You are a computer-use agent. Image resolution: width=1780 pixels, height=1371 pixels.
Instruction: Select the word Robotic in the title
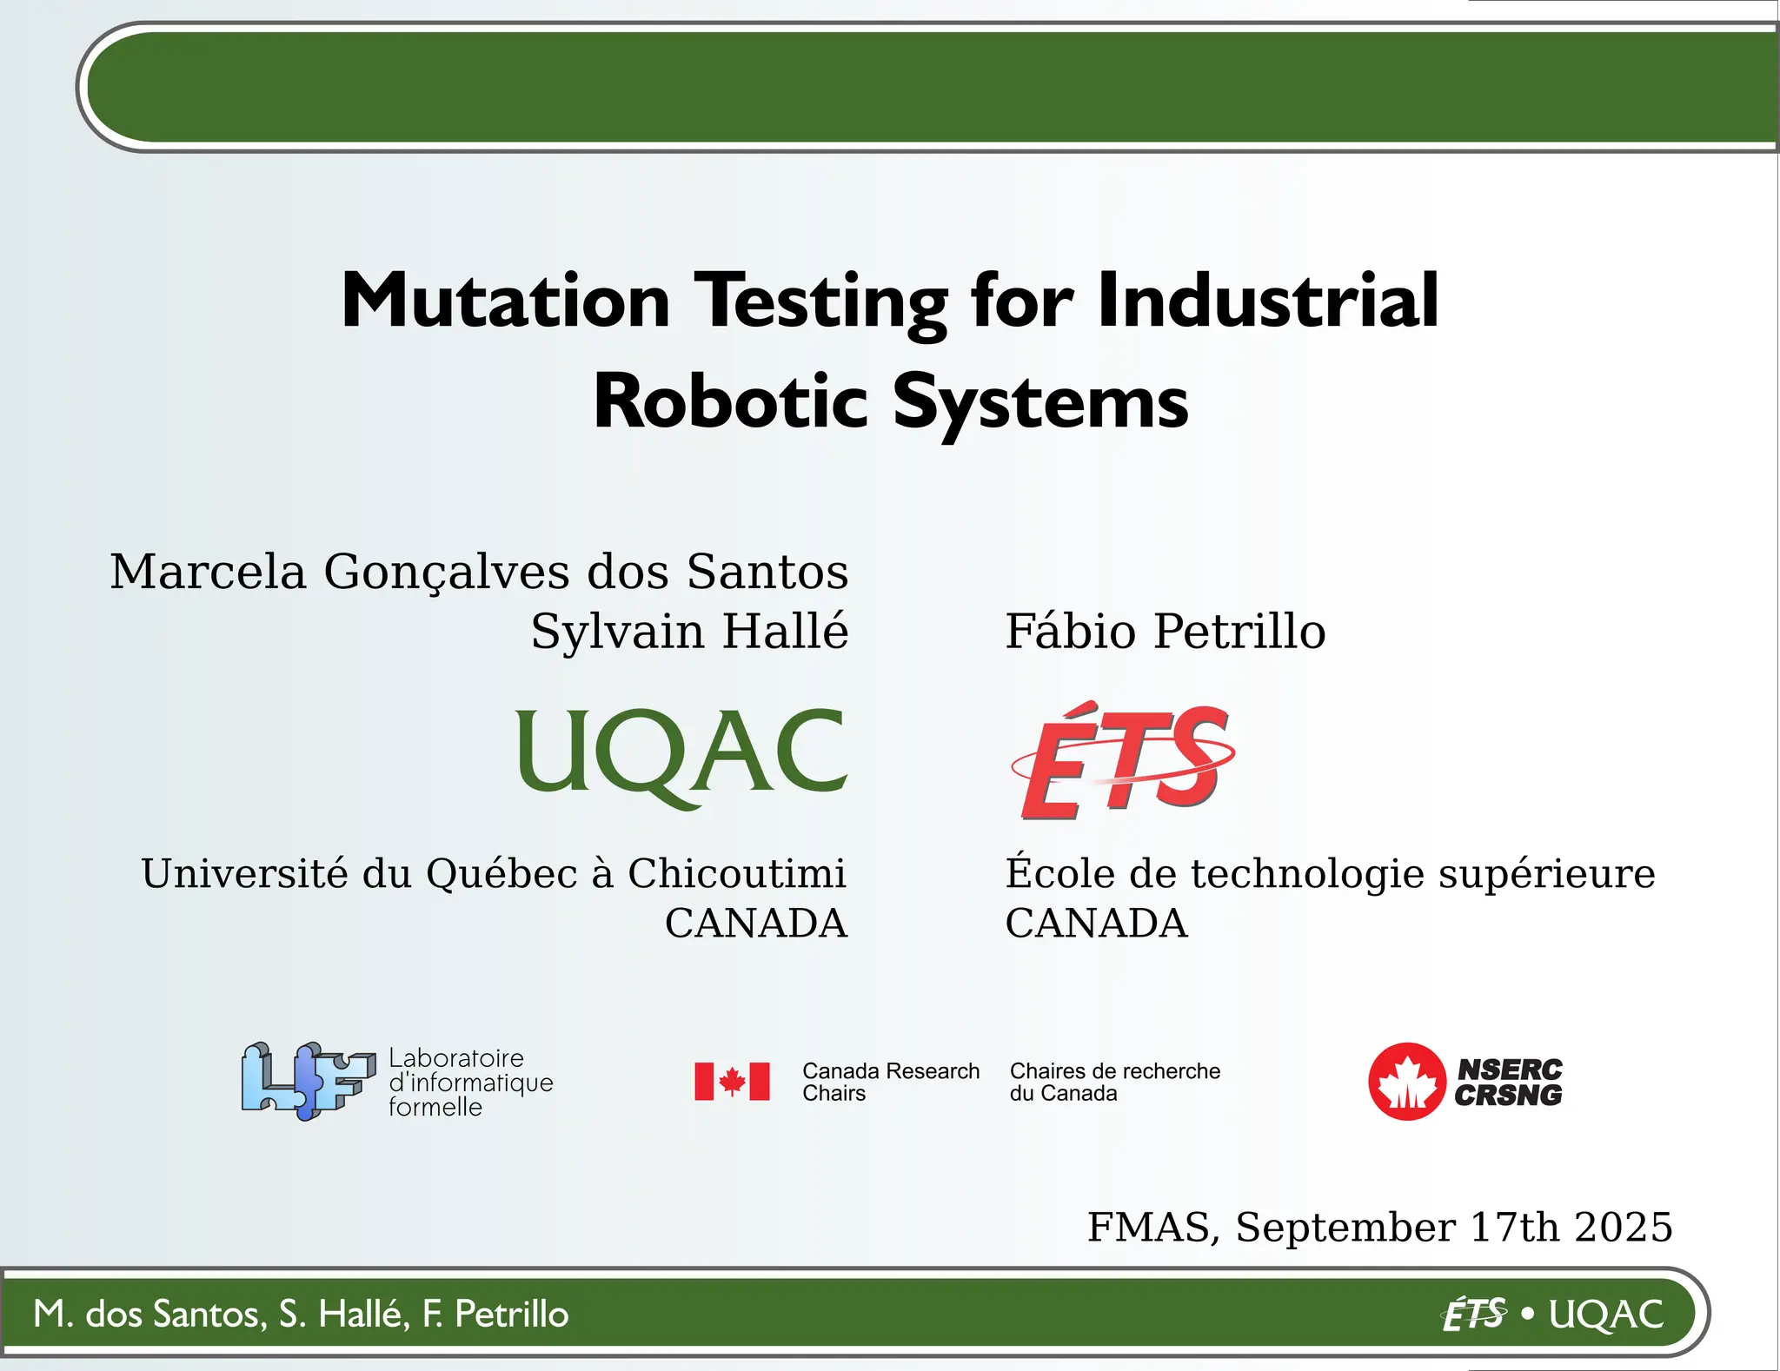pos(730,402)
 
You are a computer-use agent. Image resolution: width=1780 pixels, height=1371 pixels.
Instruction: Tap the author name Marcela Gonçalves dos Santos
pos(479,572)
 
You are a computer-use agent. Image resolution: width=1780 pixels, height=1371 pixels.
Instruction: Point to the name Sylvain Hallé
pos(689,631)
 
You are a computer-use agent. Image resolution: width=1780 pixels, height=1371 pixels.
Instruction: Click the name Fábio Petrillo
pos(1165,631)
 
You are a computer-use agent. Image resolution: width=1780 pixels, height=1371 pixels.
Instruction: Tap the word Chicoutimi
pos(736,873)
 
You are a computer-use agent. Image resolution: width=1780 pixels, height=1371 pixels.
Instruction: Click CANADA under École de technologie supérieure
pos(1096,923)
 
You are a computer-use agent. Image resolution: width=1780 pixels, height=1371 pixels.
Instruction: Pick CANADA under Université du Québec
pos(756,923)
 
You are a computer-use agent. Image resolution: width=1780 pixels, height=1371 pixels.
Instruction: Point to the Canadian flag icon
pos(732,1082)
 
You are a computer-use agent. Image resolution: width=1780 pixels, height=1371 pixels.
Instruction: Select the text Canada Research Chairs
pos(890,1082)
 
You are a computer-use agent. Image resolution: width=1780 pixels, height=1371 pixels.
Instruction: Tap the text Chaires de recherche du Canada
pos(1114,1082)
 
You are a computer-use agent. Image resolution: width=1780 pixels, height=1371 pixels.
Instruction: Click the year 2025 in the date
pos(1623,1227)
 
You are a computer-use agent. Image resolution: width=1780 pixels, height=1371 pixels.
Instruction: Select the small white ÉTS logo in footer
pos(1474,1315)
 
